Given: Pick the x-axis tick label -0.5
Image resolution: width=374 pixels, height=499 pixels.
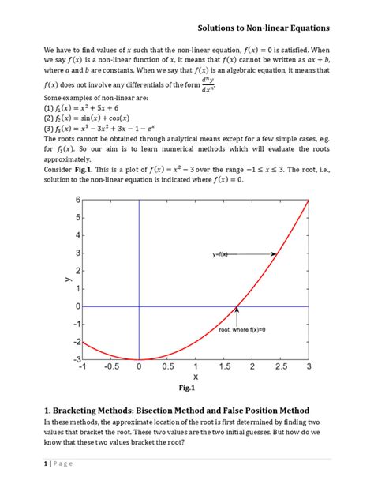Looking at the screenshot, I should tap(110, 367).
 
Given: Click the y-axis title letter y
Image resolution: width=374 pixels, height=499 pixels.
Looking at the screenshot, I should tap(59, 280).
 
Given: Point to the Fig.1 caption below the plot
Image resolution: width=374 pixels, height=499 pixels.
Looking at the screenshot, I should tap(187, 388).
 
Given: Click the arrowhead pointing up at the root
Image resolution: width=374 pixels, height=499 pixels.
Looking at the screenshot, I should tap(236, 310).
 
